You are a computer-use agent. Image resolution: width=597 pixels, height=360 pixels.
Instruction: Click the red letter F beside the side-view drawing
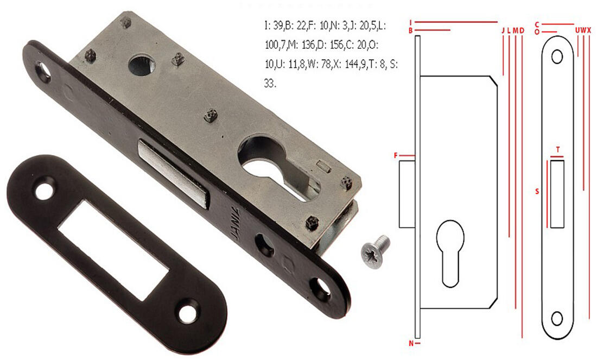click(396, 156)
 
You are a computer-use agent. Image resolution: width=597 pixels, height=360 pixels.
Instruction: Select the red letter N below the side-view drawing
click(410, 343)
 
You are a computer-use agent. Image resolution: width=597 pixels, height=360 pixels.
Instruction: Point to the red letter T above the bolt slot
click(557, 149)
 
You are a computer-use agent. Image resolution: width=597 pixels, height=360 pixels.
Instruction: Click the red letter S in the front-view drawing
click(537, 192)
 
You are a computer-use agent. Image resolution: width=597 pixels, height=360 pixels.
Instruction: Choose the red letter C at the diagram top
click(536, 24)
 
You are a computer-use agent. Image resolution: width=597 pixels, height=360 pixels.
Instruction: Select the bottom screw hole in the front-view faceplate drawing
click(557, 318)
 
